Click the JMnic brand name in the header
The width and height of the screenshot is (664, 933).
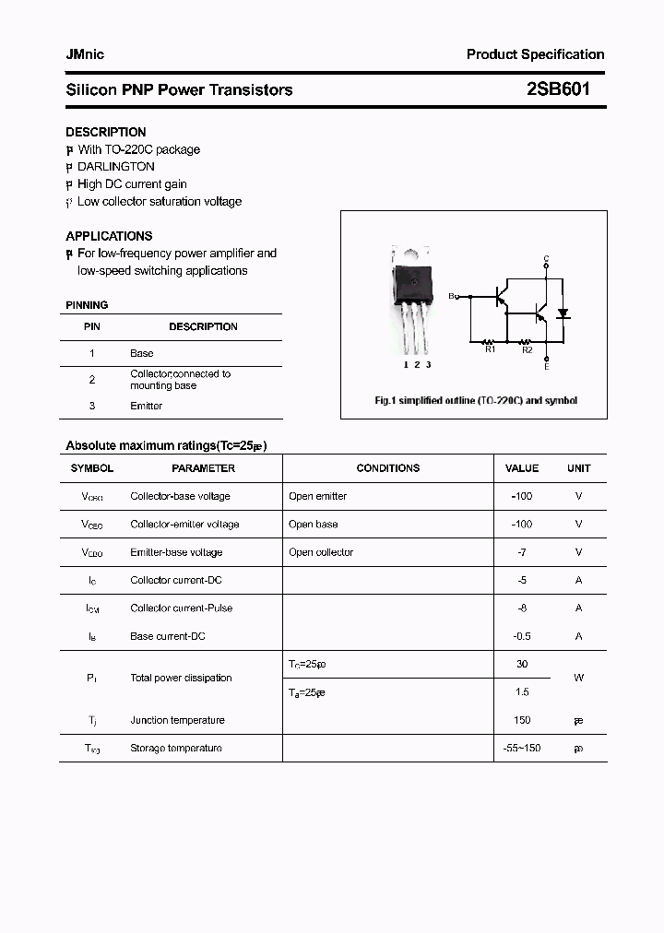click(85, 54)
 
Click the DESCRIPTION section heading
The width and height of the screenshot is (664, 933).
click(105, 132)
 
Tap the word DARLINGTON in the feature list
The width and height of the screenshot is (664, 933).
click(116, 167)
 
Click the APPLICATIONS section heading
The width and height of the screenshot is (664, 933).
click(109, 236)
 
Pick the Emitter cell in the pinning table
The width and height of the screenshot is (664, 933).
click(146, 406)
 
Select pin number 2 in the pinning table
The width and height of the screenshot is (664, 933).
click(92, 380)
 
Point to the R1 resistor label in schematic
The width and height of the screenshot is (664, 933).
click(490, 349)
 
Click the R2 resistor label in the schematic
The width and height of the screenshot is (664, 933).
click(527, 349)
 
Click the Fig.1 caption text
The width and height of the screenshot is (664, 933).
click(475, 401)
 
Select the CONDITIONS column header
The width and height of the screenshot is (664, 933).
click(387, 468)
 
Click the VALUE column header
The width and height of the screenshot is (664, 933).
click(522, 468)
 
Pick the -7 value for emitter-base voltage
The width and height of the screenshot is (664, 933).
click(522, 552)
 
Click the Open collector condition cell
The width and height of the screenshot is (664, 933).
click(321, 552)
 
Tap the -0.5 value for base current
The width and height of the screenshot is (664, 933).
click(522, 636)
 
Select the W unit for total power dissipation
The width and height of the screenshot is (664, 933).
click(578, 678)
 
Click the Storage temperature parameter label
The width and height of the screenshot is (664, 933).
click(176, 748)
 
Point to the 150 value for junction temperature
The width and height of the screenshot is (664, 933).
click(522, 720)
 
